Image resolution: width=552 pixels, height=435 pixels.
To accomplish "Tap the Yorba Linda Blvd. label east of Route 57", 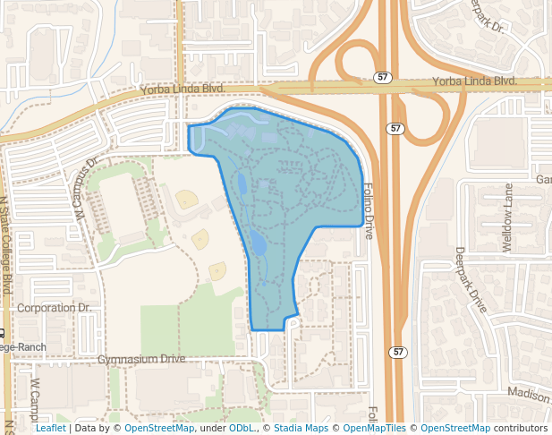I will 475,81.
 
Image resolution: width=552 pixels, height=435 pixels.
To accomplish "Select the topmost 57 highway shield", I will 382,78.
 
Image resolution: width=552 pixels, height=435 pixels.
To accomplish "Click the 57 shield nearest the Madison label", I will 395,352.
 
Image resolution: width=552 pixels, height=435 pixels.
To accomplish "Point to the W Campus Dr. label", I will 86,191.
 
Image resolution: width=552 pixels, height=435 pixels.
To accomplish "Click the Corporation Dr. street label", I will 55,308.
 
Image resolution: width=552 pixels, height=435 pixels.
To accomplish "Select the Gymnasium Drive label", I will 141,359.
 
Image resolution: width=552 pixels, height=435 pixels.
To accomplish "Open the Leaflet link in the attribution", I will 50,428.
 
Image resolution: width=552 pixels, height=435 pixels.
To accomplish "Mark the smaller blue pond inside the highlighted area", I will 242,185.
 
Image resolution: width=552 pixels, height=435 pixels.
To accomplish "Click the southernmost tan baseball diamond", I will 217,271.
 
